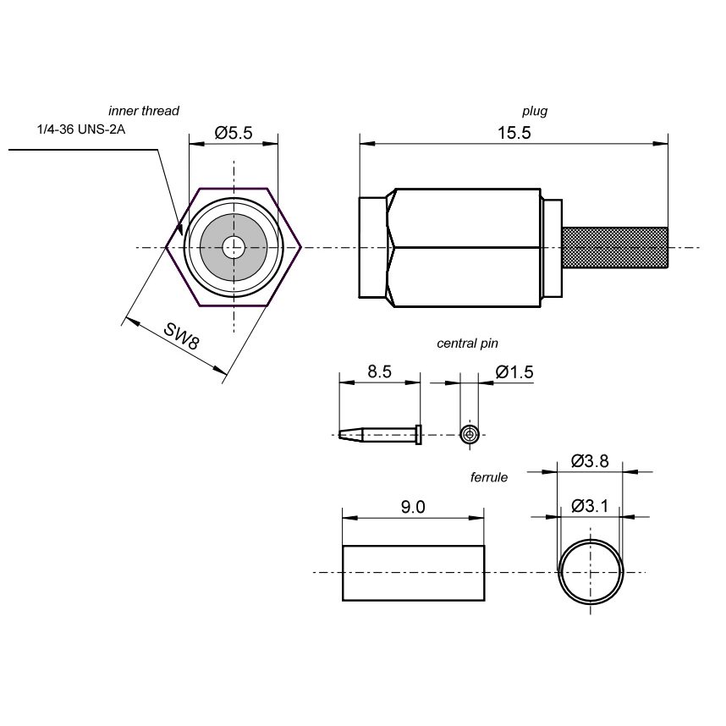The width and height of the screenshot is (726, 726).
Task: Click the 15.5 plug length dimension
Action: click(x=514, y=133)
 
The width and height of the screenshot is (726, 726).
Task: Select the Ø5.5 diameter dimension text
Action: click(x=234, y=133)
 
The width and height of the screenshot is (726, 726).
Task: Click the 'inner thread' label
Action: click(x=144, y=111)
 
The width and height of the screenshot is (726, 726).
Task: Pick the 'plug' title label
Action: click(x=535, y=111)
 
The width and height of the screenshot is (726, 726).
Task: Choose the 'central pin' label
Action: click(x=467, y=344)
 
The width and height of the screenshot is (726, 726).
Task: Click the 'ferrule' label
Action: click(x=489, y=477)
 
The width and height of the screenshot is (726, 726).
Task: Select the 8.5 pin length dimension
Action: click(x=379, y=371)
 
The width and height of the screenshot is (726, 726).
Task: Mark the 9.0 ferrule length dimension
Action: click(x=413, y=507)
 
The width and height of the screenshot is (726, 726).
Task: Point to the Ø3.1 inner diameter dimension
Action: click(x=590, y=506)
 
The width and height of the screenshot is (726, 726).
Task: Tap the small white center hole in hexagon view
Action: click(x=234, y=248)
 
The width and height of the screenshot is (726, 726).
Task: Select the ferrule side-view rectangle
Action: click(x=413, y=573)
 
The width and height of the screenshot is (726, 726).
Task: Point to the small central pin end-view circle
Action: click(x=470, y=435)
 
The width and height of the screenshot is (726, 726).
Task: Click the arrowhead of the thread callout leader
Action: click(x=180, y=228)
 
